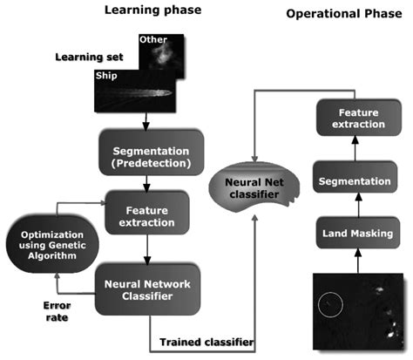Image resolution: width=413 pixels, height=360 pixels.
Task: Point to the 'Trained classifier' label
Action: coord(207,343)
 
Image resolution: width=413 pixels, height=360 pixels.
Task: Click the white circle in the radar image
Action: coord(330,304)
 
